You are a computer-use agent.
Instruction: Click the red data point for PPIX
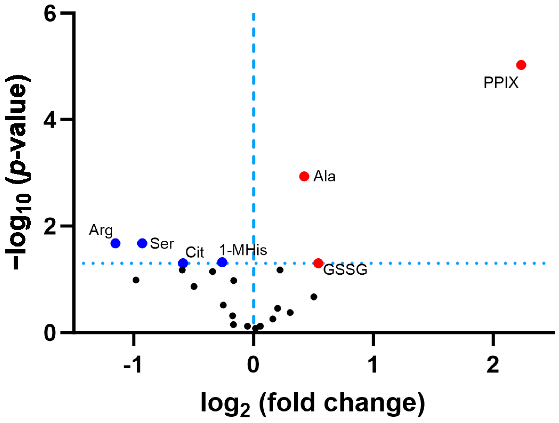pos(521,65)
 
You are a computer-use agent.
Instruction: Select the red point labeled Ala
pos(304,176)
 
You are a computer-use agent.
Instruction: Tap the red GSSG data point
pos(318,263)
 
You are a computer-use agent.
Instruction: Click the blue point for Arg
pos(115,243)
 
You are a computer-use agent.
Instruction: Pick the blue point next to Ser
pos(142,243)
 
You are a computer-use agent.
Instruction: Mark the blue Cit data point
pos(183,263)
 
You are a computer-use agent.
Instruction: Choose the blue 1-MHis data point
pos(222,262)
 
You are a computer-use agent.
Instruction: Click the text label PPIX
pos(501,83)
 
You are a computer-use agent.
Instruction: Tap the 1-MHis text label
pos(243,250)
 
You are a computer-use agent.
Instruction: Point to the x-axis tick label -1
pos(132,365)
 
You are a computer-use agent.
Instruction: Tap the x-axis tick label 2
pos(492,365)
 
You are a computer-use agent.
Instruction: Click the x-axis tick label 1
pos(373,365)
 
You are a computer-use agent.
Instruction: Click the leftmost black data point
pos(136,280)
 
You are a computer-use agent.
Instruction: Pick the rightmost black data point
pos(314,297)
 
